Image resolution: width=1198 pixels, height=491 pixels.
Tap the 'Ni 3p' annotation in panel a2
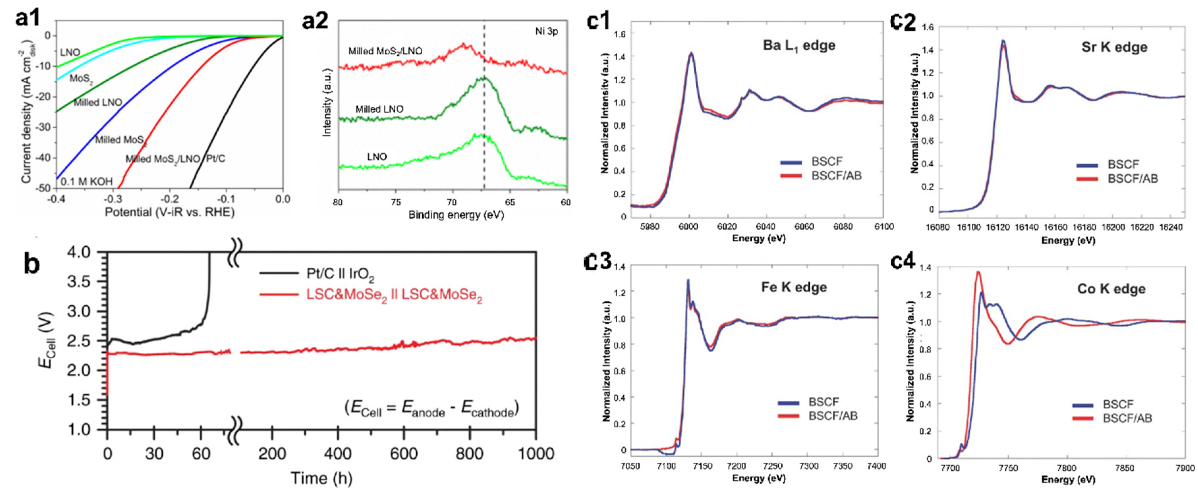click(546, 32)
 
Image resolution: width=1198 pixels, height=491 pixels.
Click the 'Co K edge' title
click(1111, 289)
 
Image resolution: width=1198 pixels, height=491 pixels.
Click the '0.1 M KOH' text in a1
click(87, 181)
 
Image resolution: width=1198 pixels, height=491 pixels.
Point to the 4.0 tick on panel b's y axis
click(82, 253)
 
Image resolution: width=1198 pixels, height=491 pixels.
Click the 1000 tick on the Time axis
click(536, 453)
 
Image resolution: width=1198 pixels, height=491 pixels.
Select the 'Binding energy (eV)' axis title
click(456, 215)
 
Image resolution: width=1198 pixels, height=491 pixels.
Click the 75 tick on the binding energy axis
click(395, 202)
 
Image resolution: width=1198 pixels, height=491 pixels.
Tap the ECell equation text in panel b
click(431, 409)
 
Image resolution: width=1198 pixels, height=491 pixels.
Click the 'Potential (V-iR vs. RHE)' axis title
click(169, 212)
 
